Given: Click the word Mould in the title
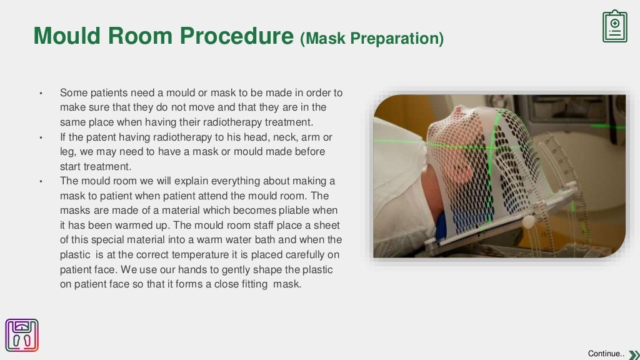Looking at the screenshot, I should point(67,36).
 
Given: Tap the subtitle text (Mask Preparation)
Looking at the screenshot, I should point(372,39).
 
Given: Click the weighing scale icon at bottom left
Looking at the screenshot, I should point(22,336).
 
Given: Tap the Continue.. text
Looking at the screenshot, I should point(606,354).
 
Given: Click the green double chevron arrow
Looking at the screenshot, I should point(632,354).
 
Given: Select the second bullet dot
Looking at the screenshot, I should point(41,137).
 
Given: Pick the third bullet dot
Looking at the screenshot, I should point(41,182).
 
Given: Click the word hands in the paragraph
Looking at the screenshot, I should point(193,269).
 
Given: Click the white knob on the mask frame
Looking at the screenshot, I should point(529,221).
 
